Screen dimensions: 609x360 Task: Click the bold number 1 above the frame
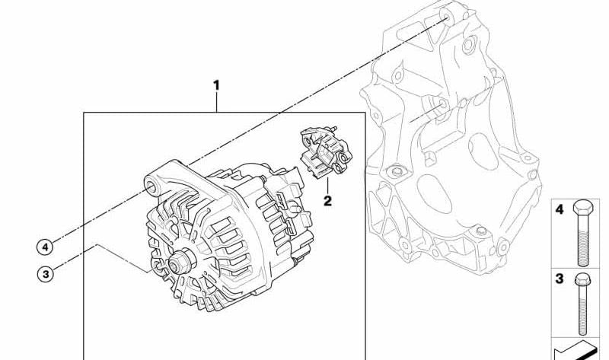point(217,85)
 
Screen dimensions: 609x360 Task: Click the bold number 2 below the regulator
point(328,201)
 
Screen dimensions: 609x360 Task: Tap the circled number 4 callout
point(45,247)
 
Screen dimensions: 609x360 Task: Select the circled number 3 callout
point(46,275)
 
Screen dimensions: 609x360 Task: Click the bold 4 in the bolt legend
point(560,210)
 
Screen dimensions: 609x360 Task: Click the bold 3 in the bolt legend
point(560,279)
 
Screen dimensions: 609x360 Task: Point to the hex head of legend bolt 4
point(583,207)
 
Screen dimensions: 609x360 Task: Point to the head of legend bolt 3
point(582,279)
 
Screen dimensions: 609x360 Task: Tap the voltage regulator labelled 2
point(326,153)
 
